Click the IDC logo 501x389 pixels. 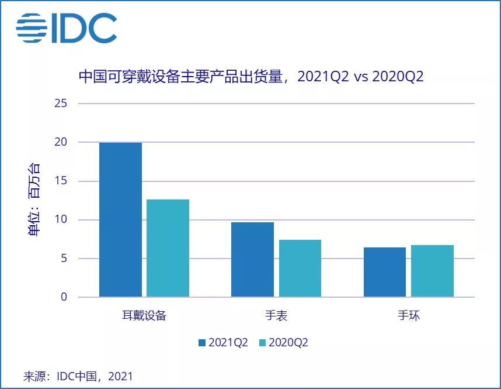(66, 28)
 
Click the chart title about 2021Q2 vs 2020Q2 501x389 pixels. (251, 77)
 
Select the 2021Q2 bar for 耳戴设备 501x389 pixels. (120, 219)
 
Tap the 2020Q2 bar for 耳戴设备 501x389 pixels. (168, 248)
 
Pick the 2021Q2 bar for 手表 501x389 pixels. (252, 259)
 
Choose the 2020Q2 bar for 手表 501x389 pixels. (300, 268)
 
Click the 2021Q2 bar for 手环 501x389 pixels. (384, 272)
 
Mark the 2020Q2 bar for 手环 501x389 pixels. (432, 271)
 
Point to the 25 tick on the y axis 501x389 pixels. (61, 104)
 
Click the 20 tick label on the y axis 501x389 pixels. (61, 142)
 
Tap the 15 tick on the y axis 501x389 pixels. (61, 181)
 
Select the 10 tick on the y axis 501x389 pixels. (61, 220)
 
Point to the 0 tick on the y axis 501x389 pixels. (64, 297)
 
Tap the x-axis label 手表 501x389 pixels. (276, 316)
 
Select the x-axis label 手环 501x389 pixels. (409, 316)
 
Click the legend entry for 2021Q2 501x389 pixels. (224, 343)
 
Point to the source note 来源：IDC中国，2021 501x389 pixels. (78, 376)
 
